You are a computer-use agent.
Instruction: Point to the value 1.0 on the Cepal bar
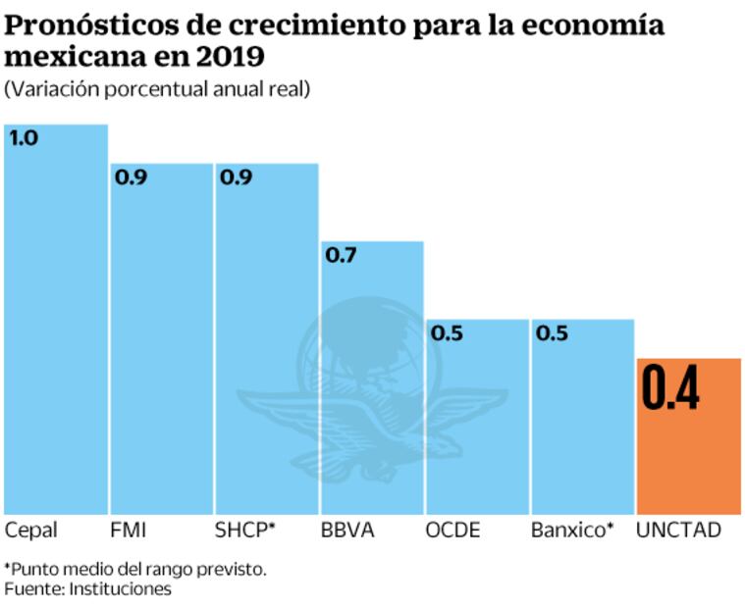(24, 138)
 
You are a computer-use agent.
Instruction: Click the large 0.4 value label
(670, 388)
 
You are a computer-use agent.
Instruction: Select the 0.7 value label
(341, 256)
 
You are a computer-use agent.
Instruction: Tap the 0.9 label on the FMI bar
(130, 177)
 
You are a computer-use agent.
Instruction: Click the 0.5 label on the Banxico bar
(552, 333)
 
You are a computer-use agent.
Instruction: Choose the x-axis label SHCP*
(244, 531)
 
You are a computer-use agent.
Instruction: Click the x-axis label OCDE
(452, 531)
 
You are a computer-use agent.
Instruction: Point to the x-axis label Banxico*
(572, 531)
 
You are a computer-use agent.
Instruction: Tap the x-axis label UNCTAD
(678, 531)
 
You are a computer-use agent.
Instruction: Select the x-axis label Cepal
(31, 531)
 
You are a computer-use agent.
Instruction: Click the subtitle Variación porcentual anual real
(157, 89)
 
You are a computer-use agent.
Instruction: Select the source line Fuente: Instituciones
(87, 588)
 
